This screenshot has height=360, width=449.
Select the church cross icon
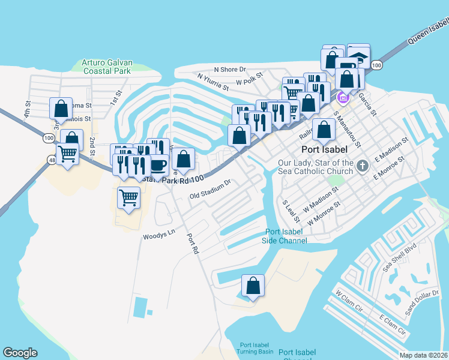pos(362,166)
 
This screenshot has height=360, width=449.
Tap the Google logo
pos(20,353)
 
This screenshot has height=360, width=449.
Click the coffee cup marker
pos(158,164)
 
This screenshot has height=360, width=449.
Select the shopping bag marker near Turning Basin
pos(253,286)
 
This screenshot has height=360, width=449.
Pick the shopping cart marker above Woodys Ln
pos(128,197)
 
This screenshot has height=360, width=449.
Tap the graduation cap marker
pos(359,57)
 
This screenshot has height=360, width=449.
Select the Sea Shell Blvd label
pos(400,258)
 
